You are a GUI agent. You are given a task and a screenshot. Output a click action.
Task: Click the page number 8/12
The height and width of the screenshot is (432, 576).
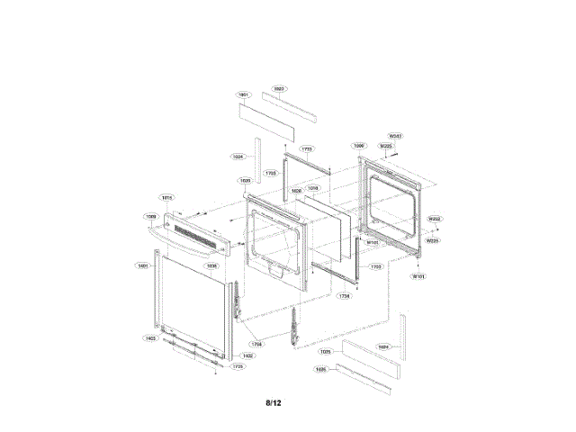coord(274,402)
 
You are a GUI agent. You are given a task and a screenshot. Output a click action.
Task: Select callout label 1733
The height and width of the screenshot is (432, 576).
coord(307,148)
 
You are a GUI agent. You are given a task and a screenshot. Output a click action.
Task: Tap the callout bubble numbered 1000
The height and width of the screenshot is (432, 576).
coord(358,144)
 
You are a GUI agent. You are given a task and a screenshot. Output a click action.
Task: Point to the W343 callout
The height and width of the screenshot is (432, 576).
coord(395,136)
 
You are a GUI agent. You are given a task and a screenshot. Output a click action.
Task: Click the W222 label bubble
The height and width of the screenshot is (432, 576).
coord(434,219)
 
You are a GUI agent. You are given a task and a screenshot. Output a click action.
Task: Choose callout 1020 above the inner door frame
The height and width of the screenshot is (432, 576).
coord(245,181)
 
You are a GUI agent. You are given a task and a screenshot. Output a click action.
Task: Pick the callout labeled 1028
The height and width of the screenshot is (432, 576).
coord(296,191)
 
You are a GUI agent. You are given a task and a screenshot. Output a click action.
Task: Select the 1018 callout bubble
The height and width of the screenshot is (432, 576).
coord(313,188)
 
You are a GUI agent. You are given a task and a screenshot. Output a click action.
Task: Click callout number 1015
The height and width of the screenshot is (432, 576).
coord(166,197)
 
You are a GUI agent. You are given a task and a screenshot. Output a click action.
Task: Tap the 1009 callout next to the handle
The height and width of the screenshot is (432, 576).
coord(151,216)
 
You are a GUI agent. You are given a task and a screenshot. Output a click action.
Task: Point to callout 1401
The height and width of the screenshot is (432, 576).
coord(142,265)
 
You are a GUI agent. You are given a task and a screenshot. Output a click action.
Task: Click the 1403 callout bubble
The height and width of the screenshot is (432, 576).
coord(150,338)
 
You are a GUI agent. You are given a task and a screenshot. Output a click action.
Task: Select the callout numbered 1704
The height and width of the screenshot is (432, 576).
coord(256,344)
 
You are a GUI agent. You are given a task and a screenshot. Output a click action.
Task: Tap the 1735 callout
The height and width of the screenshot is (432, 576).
coord(238,366)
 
